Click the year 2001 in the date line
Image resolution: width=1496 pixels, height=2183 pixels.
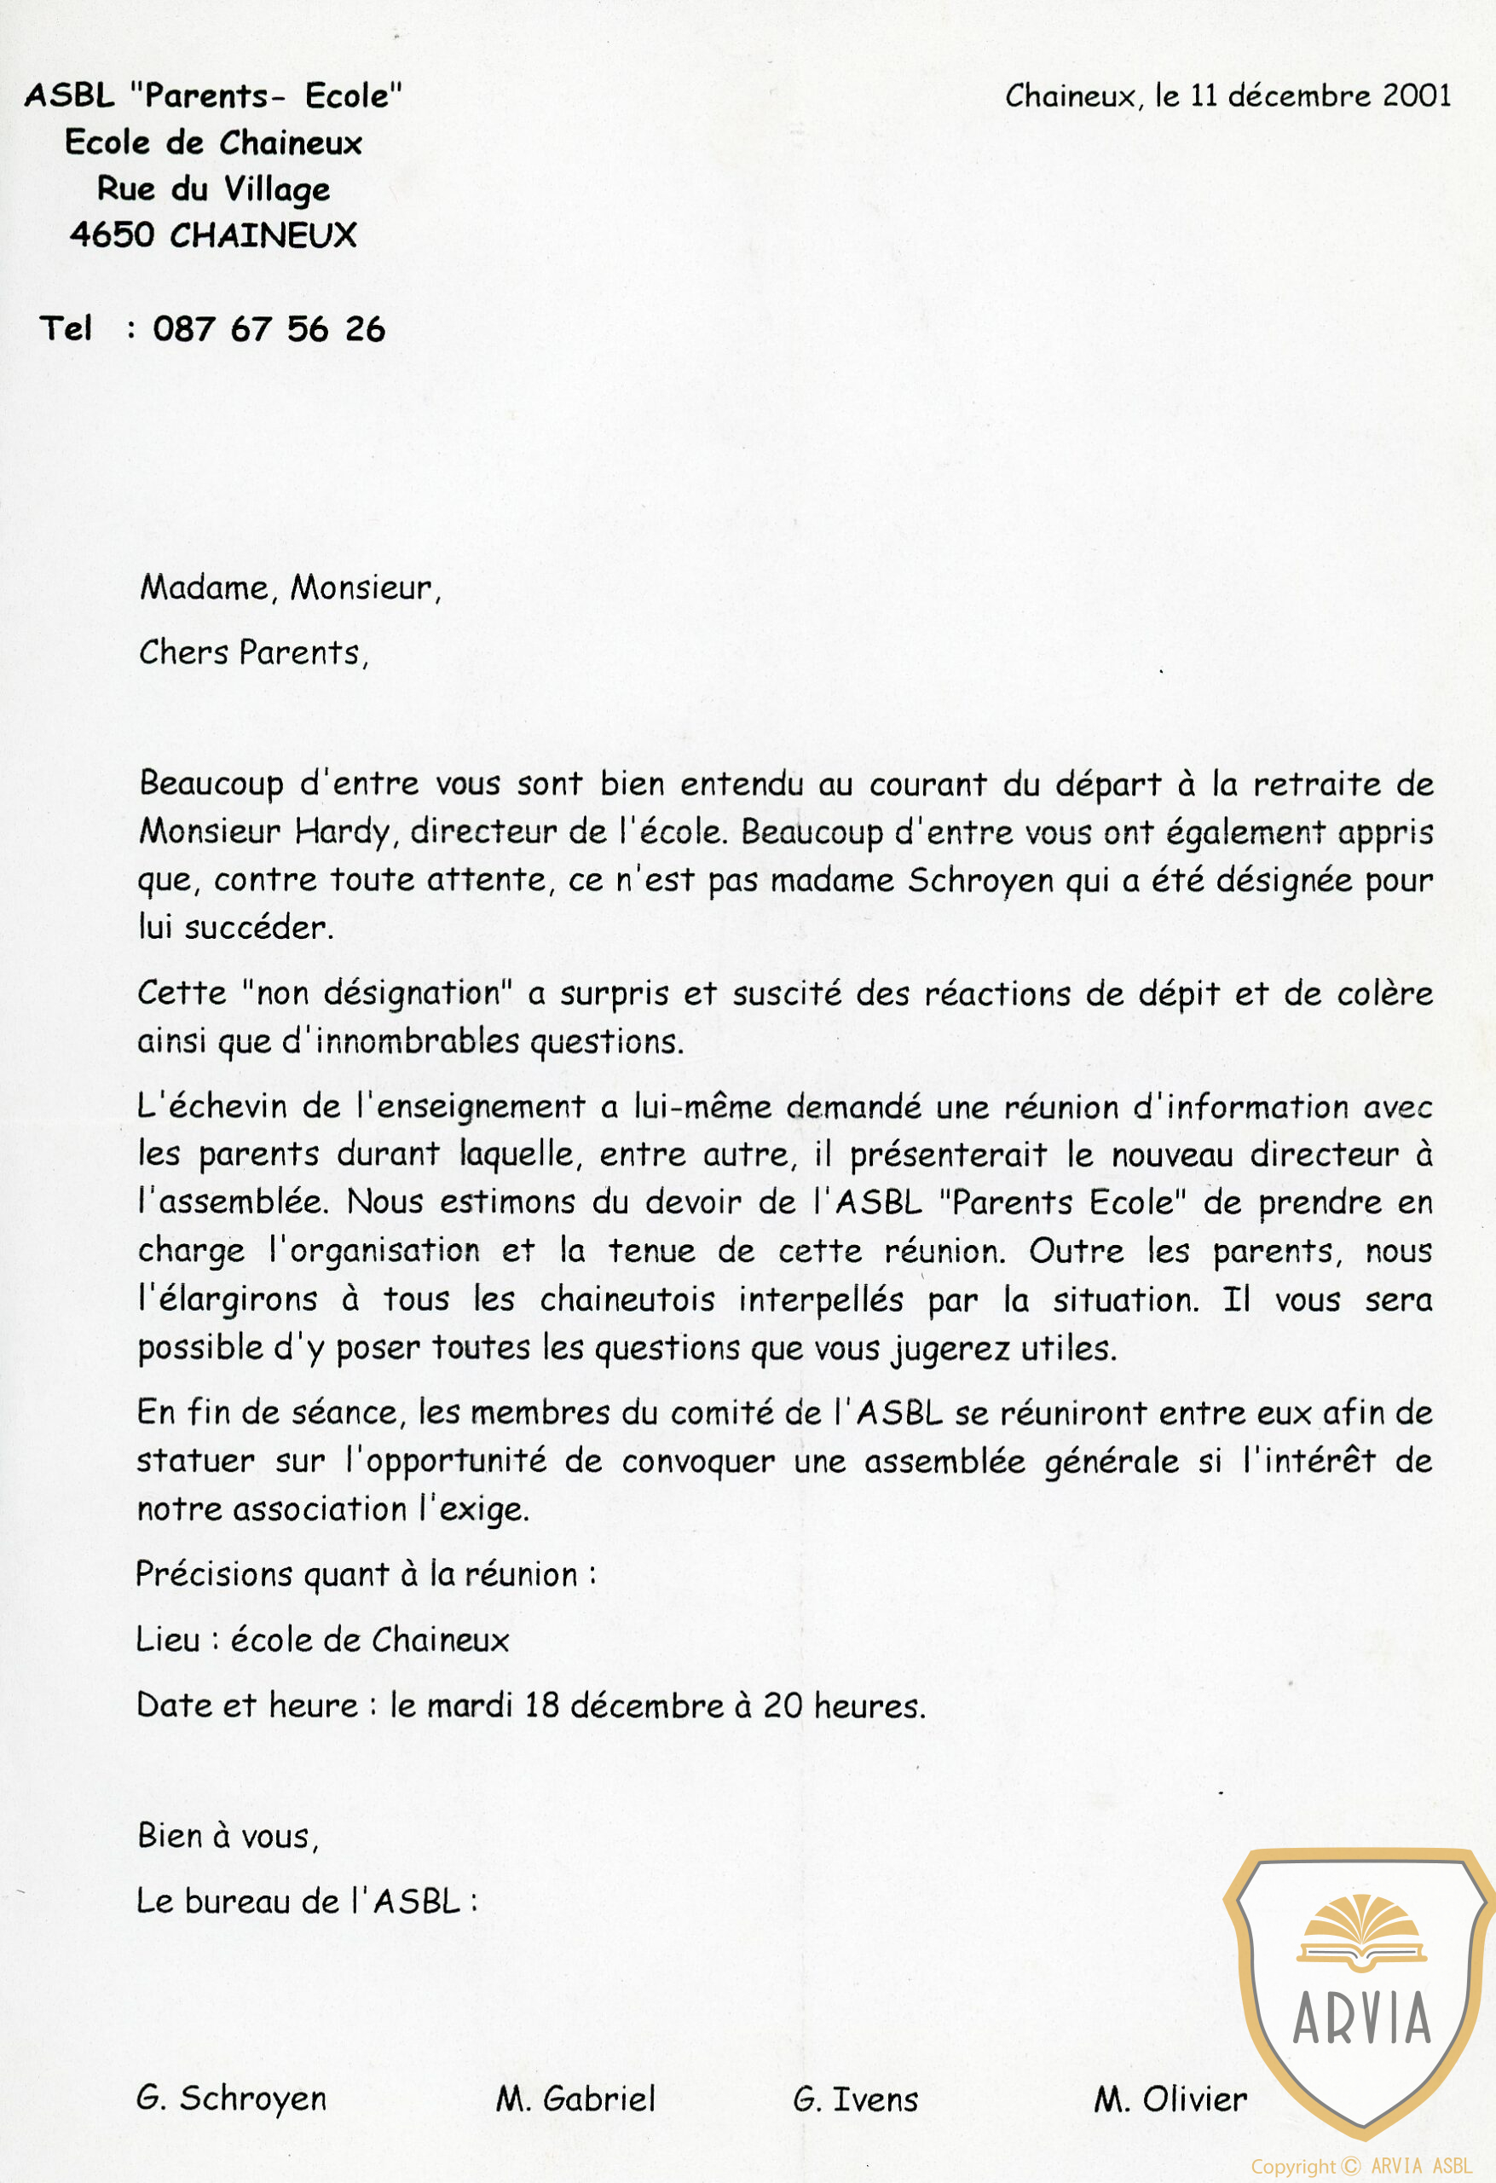tap(1416, 96)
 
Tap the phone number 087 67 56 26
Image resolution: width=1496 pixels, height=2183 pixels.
tap(269, 329)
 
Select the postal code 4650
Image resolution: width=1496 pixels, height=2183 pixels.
tap(112, 235)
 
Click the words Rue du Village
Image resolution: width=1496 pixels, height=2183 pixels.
tap(213, 188)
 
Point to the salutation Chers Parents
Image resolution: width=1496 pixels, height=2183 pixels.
tap(252, 651)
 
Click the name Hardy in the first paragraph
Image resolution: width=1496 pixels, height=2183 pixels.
tap(342, 831)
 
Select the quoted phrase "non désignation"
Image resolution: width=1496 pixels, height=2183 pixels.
tap(377, 993)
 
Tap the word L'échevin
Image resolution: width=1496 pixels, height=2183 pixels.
tap(211, 1106)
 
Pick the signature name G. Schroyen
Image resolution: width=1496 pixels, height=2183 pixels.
tap(231, 2098)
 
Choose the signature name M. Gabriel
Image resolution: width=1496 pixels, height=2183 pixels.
tap(575, 2099)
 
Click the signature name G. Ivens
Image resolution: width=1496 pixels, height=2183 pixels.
tap(855, 2099)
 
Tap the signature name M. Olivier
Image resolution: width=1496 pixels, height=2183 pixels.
tap(1170, 2099)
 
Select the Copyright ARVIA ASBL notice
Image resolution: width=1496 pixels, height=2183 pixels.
tap(1360, 2166)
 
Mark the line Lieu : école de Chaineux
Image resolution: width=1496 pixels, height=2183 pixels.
tap(322, 1639)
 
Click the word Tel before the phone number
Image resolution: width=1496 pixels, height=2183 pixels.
tap(66, 329)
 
